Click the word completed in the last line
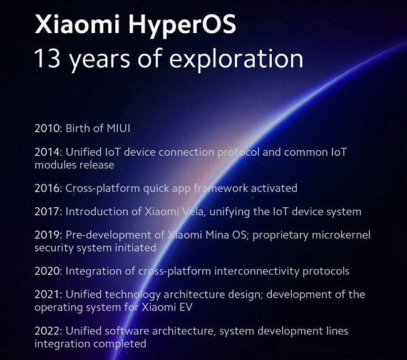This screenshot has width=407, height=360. click(x=118, y=344)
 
